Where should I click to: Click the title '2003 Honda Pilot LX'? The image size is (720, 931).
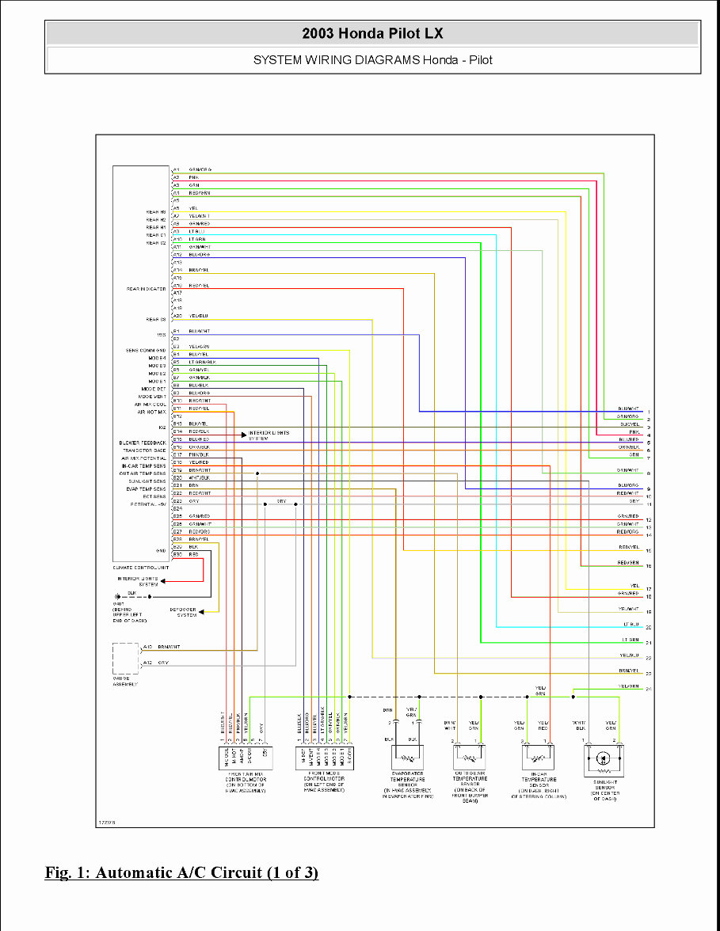click(x=372, y=33)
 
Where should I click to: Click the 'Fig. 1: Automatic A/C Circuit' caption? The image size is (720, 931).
click(x=181, y=872)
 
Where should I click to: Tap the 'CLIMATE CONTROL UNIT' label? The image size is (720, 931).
click(x=140, y=568)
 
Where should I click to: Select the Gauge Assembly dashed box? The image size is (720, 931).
click(x=125, y=659)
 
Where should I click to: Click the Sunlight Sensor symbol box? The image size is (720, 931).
click(x=602, y=759)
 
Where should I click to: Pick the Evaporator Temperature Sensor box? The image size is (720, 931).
click(x=406, y=758)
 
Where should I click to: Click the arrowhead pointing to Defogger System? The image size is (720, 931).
click(x=202, y=611)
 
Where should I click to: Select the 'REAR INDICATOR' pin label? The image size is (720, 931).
click(x=146, y=289)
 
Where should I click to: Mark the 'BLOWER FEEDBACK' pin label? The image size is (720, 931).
click(x=143, y=442)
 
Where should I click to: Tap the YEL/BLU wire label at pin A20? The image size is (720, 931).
click(x=198, y=316)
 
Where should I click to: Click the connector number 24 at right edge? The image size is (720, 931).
click(x=648, y=690)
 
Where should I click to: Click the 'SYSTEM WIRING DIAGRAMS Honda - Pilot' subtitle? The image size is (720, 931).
click(x=372, y=59)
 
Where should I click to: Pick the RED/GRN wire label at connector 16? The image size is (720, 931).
click(x=628, y=563)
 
